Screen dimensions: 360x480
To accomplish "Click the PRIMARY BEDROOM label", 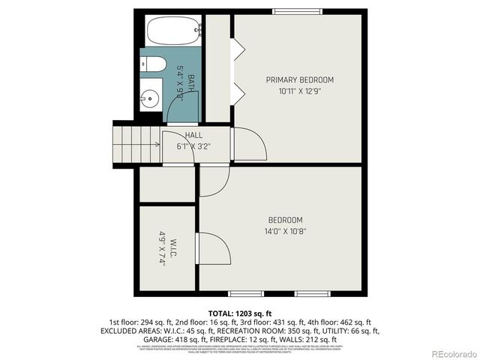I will [x=300, y=79].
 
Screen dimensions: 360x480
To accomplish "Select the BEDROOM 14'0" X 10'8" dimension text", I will [x=286, y=231].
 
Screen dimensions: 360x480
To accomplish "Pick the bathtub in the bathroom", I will [x=173, y=31].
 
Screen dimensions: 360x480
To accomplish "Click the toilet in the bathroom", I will [x=150, y=66].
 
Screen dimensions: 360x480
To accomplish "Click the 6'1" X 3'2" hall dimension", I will [x=193, y=145].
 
